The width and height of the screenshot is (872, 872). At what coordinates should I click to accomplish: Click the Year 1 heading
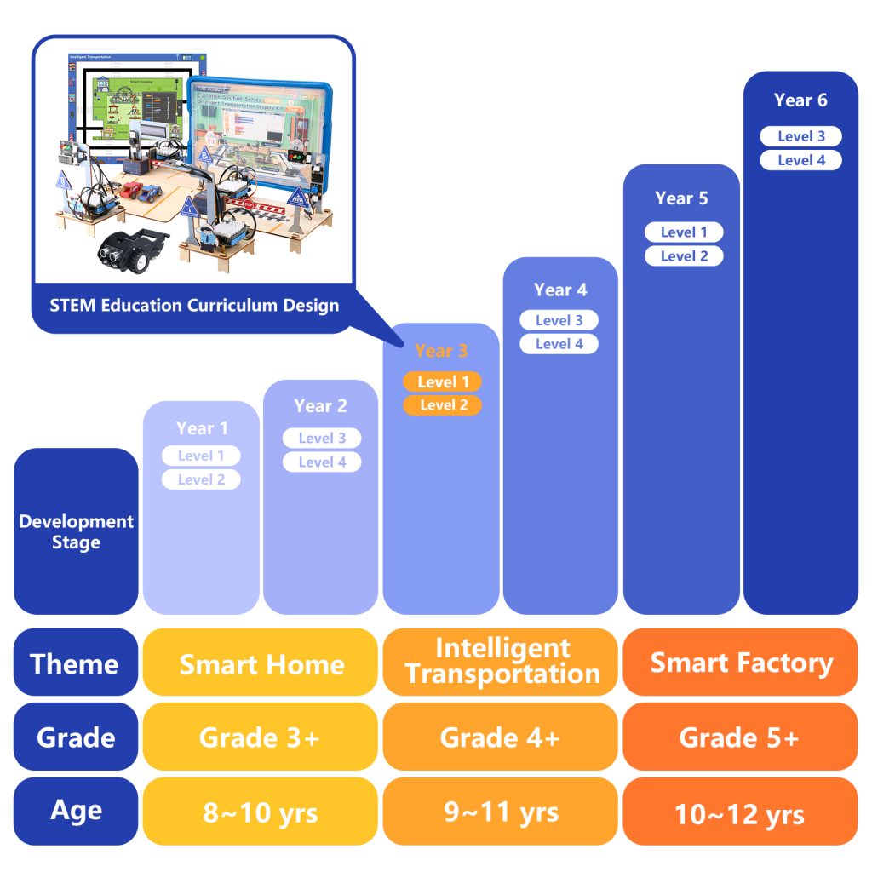[x=201, y=428]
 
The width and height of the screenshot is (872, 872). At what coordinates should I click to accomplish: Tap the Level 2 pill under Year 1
[x=201, y=479]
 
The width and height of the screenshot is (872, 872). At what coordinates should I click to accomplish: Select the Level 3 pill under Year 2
[x=322, y=439]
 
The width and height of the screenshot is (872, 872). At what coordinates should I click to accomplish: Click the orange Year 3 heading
[x=441, y=351]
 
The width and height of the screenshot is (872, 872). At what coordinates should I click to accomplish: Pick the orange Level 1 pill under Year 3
[x=443, y=382]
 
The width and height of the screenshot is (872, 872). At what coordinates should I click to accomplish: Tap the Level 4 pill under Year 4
[x=559, y=344]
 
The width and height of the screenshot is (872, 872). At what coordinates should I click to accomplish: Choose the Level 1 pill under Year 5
[x=684, y=232]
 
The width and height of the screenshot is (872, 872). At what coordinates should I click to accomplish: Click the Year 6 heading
[x=800, y=100]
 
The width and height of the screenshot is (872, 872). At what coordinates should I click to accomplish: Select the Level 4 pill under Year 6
[x=800, y=160]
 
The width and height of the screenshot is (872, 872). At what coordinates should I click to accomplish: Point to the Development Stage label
[x=76, y=531]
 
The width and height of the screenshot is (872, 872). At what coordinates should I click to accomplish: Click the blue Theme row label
[x=75, y=663]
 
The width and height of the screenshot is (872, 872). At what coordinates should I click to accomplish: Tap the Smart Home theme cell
[x=261, y=664]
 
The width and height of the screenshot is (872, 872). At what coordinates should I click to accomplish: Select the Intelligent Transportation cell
[x=502, y=662]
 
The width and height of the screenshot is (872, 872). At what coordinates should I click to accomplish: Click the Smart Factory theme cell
[x=741, y=663]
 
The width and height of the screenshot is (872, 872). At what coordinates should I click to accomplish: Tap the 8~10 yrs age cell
[x=261, y=812]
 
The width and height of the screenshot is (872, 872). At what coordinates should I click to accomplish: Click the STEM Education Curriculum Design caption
[x=194, y=305]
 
